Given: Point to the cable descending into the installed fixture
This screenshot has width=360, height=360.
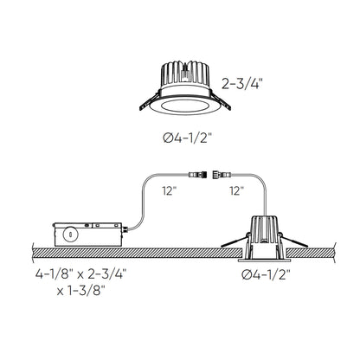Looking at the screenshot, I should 259,195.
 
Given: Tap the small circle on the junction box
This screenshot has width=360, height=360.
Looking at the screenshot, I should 67,233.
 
